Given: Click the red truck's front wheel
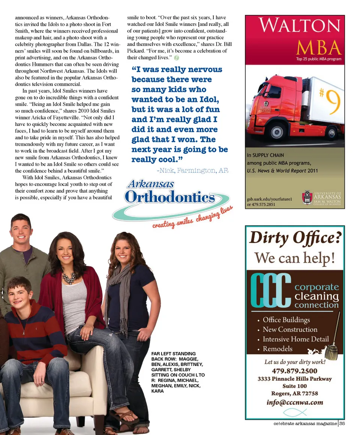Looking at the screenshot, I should [x=278, y=132].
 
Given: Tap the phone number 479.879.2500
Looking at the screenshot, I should [x=294, y=371].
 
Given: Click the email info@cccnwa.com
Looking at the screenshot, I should [x=294, y=402].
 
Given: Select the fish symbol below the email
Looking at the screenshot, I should [x=294, y=412].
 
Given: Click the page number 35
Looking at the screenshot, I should [x=342, y=423].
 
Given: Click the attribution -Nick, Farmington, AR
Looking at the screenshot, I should [x=192, y=171].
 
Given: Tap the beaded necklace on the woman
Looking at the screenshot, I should [x=69, y=277].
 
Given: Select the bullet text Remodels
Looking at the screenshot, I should [x=277, y=349].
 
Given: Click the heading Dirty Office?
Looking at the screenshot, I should [x=294, y=238].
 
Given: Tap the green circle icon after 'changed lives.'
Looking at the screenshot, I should [x=177, y=58].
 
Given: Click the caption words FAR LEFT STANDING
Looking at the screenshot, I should [x=173, y=354].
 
